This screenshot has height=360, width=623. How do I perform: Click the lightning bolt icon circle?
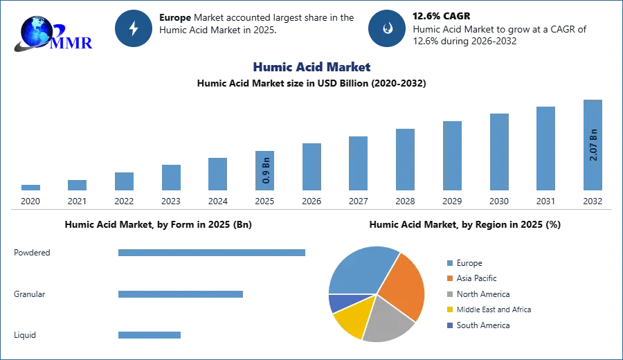(x=134, y=28)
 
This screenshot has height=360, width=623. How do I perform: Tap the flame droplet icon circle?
(x=387, y=28)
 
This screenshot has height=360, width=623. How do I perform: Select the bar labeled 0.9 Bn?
(x=265, y=172)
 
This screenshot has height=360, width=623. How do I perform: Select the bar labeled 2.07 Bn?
(x=592, y=146)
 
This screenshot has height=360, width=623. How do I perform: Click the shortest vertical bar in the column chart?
(x=30, y=188)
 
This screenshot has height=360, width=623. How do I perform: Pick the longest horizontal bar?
(x=213, y=254)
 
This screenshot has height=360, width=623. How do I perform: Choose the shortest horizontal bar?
(x=149, y=335)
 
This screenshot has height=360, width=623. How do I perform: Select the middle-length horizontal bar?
(x=179, y=294)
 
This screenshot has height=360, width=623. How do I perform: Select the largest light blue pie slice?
(x=360, y=269)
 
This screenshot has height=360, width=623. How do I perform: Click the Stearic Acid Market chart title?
(x=310, y=67)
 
